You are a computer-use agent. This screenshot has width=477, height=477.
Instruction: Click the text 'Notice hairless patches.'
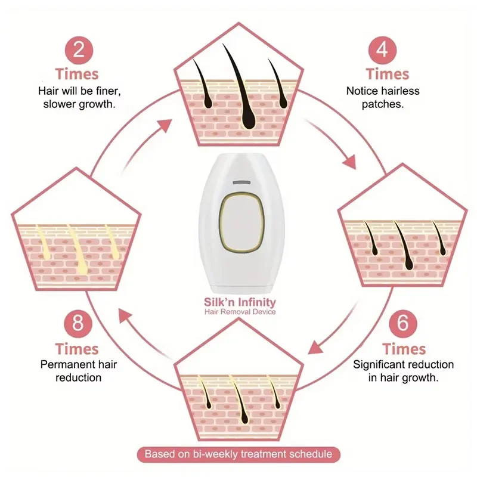click(x=383, y=97)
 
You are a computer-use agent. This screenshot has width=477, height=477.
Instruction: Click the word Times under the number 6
click(x=404, y=348)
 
